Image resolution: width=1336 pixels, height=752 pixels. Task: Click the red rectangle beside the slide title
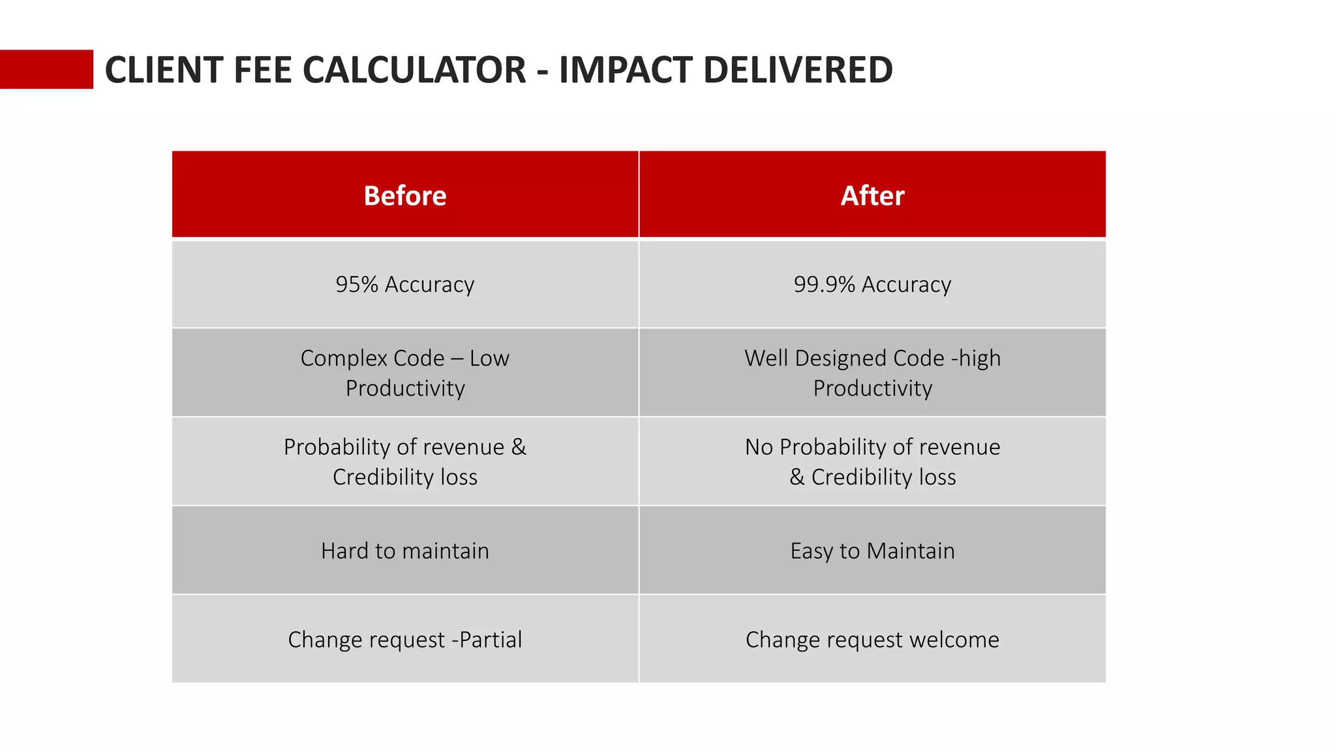(x=46, y=69)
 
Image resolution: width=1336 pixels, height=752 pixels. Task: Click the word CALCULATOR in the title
(x=414, y=70)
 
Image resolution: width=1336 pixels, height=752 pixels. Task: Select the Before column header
(x=405, y=195)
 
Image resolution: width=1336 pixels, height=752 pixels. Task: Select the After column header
(x=872, y=195)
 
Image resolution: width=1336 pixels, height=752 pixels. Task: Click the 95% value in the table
(x=357, y=285)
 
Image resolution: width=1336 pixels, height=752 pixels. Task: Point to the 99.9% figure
(x=824, y=285)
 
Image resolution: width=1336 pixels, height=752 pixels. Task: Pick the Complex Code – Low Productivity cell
(x=405, y=373)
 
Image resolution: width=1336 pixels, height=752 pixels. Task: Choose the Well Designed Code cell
(x=872, y=373)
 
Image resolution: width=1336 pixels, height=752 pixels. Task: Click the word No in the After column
(x=759, y=447)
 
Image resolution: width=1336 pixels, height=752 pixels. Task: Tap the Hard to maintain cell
(x=405, y=551)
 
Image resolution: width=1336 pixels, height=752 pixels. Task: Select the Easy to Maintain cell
(x=872, y=551)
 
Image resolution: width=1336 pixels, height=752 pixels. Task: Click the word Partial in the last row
(x=491, y=640)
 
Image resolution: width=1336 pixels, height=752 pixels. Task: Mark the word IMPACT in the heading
(x=626, y=70)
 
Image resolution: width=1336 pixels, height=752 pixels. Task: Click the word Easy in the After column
(x=812, y=551)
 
